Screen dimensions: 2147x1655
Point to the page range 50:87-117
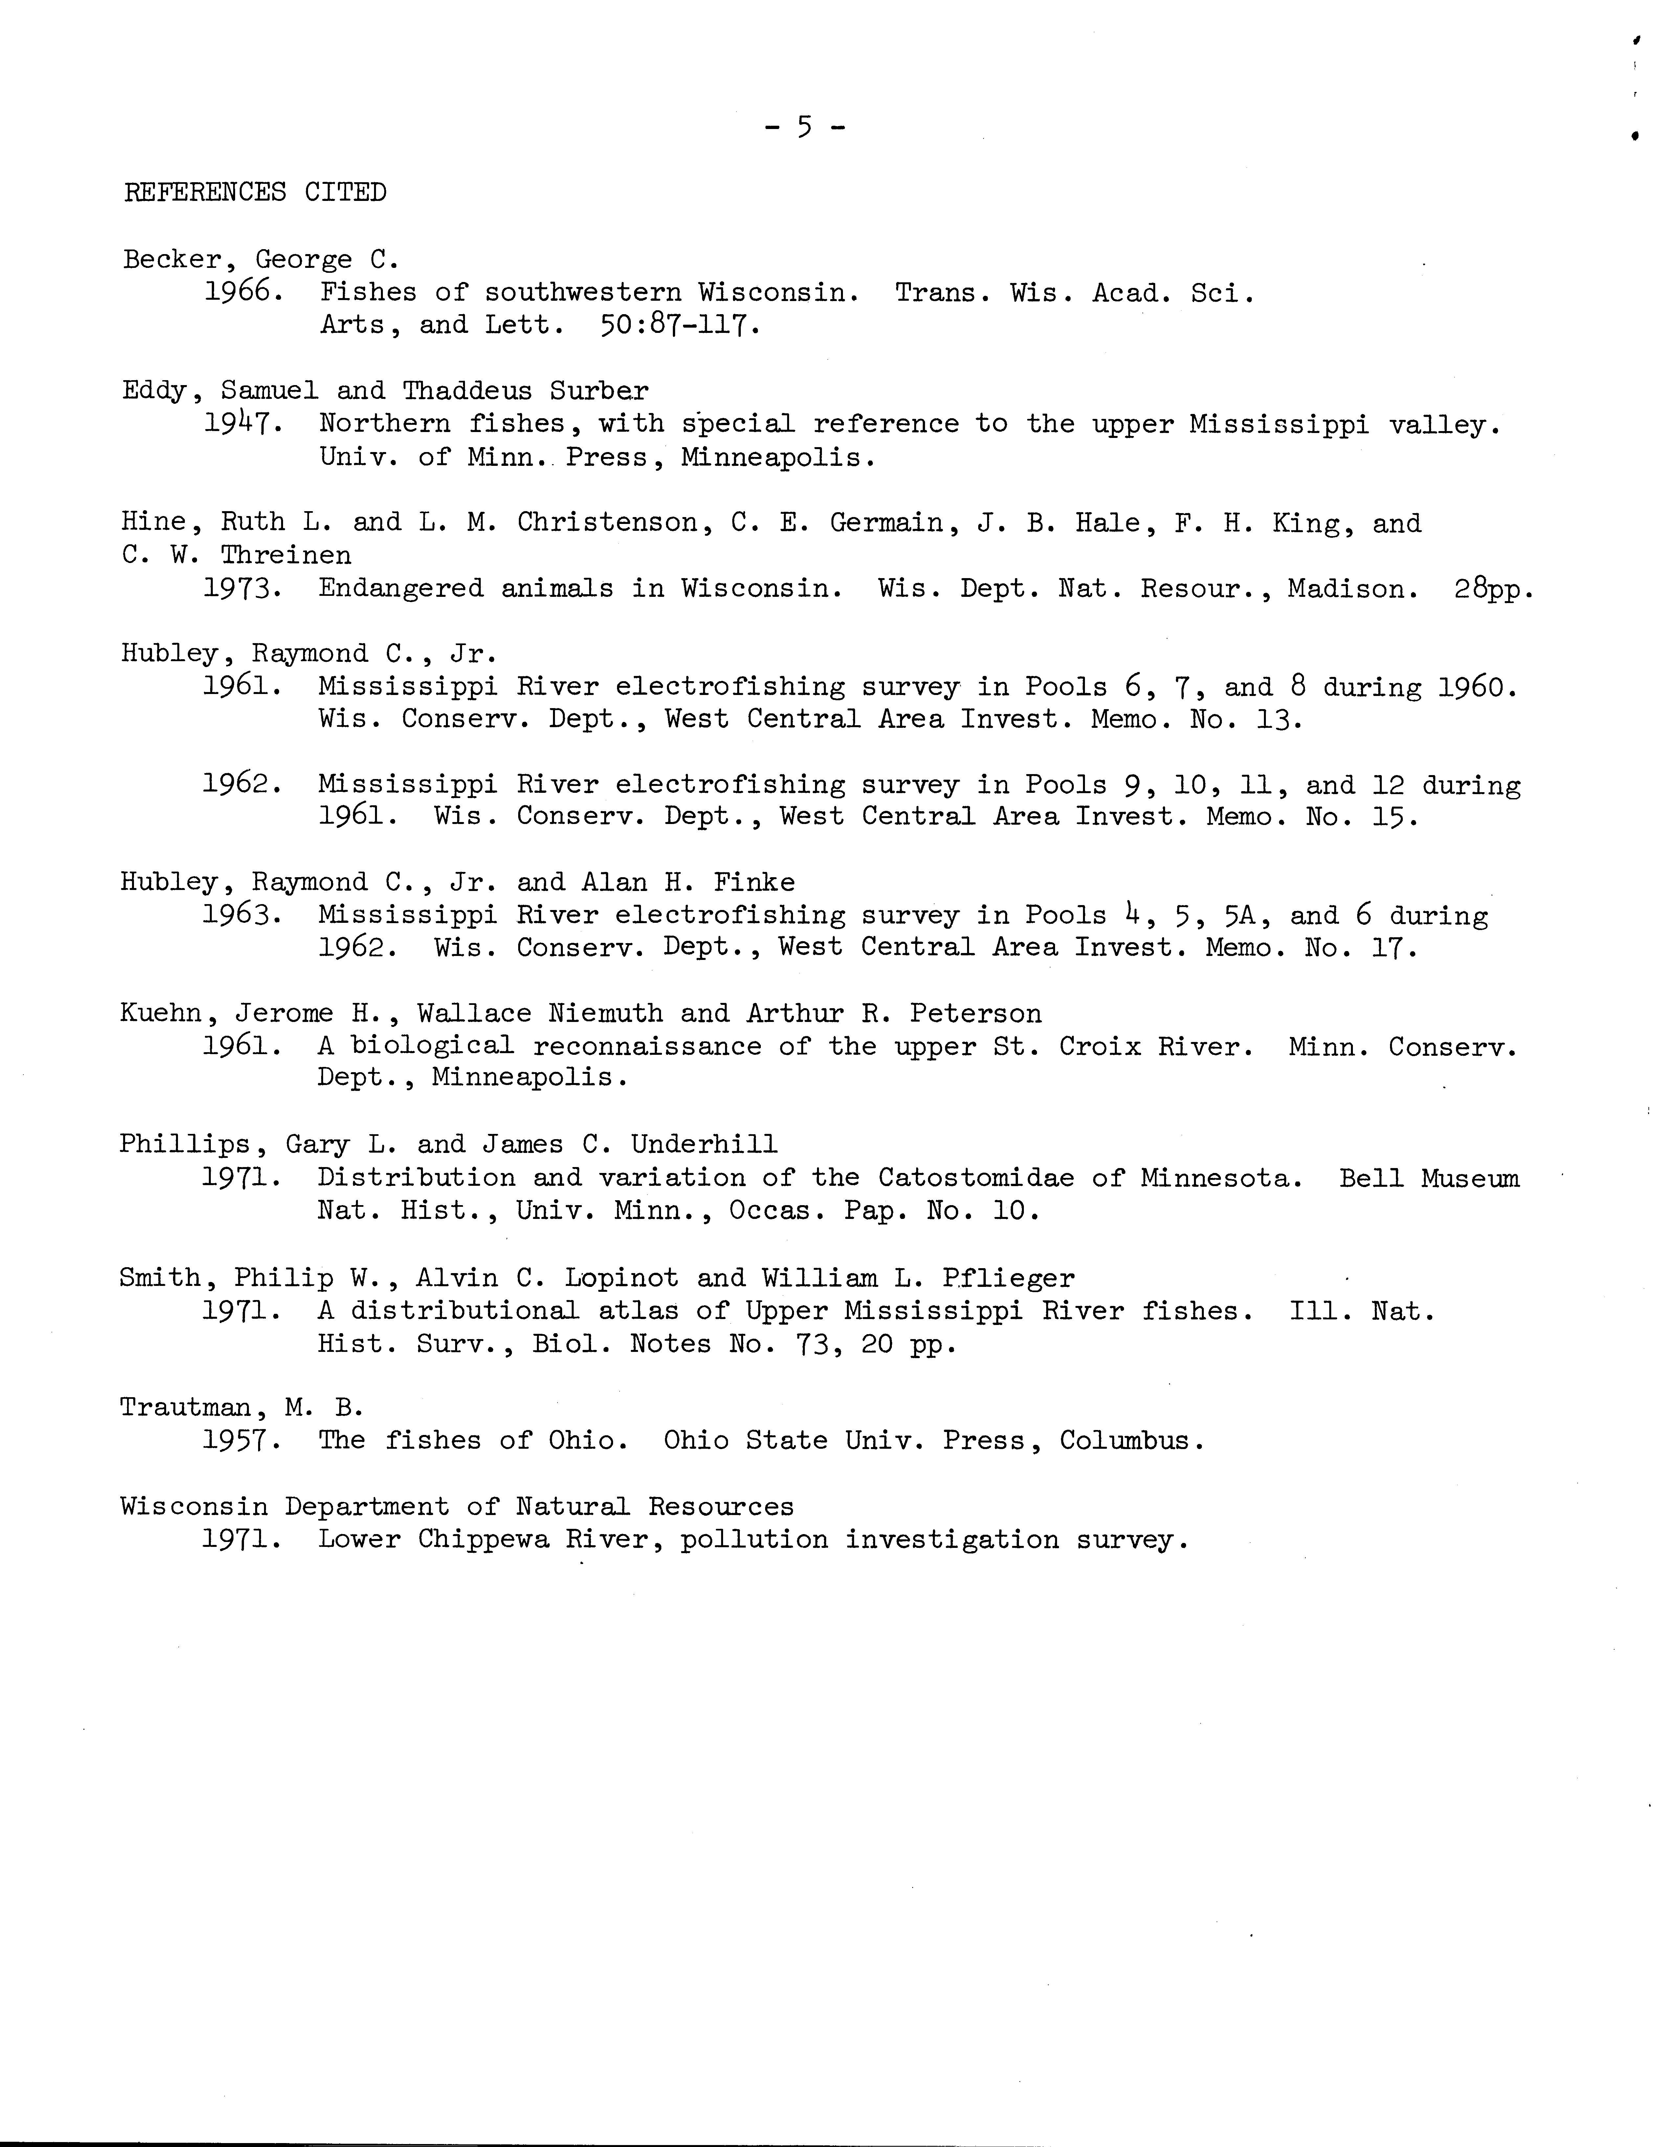pyautogui.click(x=678, y=324)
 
